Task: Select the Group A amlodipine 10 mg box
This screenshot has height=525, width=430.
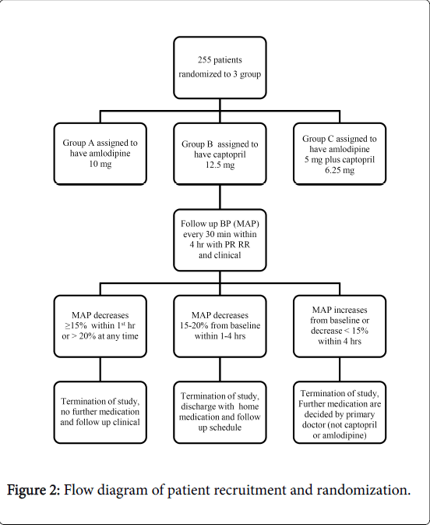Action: pos(100,154)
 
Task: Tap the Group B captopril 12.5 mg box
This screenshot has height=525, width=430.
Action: pos(220,154)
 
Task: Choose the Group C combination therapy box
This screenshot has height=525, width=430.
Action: pos(340,154)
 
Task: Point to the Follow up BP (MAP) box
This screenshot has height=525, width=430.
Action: pos(220,240)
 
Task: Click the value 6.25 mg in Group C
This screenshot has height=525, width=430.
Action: pos(340,170)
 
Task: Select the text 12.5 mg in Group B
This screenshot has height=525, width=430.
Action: pos(220,165)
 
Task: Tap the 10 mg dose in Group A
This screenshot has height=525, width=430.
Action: pos(100,164)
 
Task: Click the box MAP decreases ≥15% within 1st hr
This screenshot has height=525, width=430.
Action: pos(100,326)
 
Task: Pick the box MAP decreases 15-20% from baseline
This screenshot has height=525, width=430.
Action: pos(220,326)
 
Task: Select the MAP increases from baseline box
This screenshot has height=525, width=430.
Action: pos(340,326)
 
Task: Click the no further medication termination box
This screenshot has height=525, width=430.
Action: pos(100,413)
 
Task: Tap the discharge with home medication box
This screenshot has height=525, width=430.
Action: pos(220,413)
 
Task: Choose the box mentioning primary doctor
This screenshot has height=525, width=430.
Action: pos(340,413)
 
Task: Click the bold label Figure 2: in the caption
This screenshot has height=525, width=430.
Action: pos(33,490)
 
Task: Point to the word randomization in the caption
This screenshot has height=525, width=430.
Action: pos(364,490)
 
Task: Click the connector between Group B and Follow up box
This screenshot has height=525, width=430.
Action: pos(220,197)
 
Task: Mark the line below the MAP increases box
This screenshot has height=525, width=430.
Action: pos(340,369)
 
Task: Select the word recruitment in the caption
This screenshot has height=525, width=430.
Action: pos(250,490)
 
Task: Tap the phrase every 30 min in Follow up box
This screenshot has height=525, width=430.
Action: pos(203,234)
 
